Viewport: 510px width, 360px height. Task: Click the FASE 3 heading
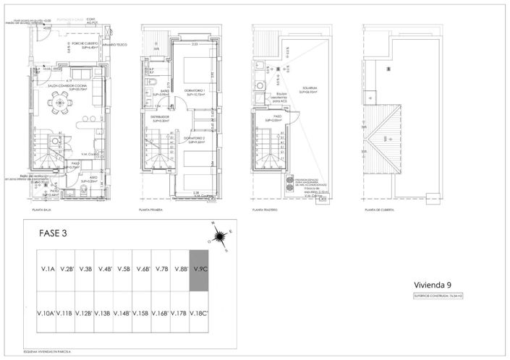(x=52, y=233)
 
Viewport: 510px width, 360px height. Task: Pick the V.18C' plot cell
(x=199, y=313)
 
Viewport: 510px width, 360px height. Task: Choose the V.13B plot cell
(x=102, y=313)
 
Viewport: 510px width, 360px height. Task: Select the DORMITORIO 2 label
(x=194, y=140)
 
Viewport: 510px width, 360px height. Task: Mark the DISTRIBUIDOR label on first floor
(x=160, y=117)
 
